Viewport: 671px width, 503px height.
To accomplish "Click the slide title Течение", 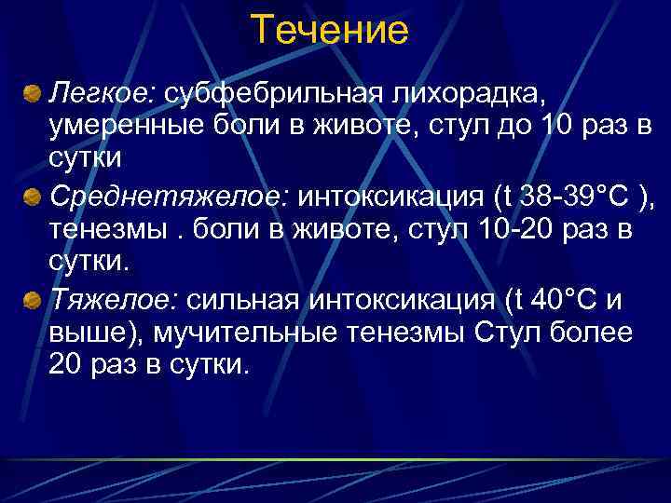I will [330, 31].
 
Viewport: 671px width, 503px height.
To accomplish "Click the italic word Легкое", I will [103, 93].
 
